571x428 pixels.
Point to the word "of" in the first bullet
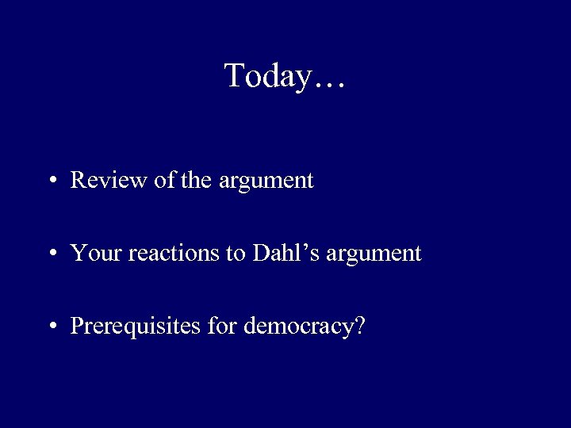click(x=164, y=181)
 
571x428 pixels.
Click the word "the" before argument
click(x=195, y=181)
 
